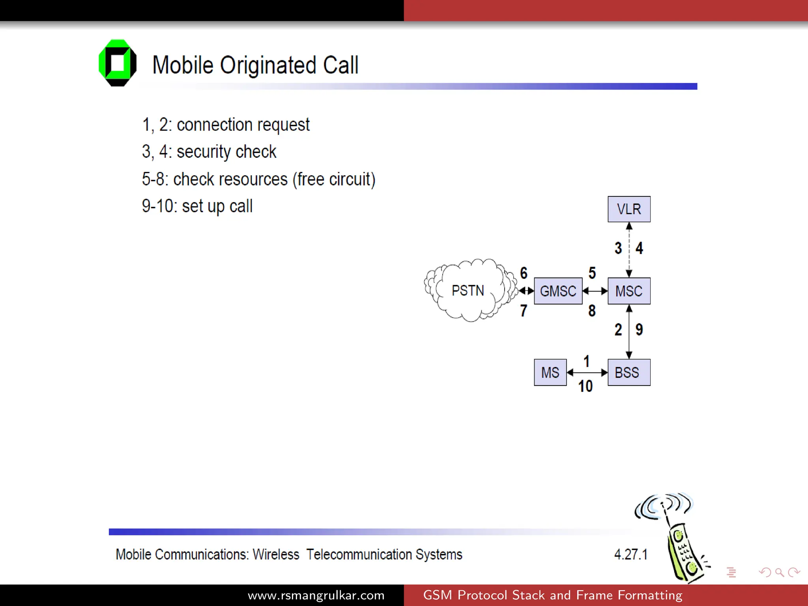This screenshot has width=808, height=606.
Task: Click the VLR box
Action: (x=629, y=209)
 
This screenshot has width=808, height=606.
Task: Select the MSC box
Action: (x=629, y=291)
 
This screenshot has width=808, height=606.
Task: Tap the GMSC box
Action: (x=558, y=291)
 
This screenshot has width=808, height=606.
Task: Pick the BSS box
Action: (x=629, y=372)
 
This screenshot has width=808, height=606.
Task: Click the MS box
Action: (x=550, y=372)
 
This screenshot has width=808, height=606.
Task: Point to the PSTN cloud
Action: (x=468, y=291)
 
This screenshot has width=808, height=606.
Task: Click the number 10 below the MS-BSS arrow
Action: (x=585, y=386)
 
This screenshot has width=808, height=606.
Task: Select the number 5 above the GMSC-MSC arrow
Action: (x=592, y=273)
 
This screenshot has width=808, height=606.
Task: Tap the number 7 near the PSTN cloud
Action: (x=524, y=311)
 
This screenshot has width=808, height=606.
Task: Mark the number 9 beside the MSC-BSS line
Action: (x=639, y=329)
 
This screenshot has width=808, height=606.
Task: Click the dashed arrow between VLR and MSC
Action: (x=629, y=249)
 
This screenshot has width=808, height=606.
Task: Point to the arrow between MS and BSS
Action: (x=587, y=372)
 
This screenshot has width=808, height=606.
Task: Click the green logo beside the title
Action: (x=118, y=63)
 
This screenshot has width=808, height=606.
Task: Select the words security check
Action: (x=226, y=152)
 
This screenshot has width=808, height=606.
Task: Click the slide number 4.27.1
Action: (x=630, y=554)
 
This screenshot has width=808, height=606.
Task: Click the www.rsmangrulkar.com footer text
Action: (x=316, y=595)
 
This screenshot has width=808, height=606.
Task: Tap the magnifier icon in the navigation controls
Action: (x=779, y=572)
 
